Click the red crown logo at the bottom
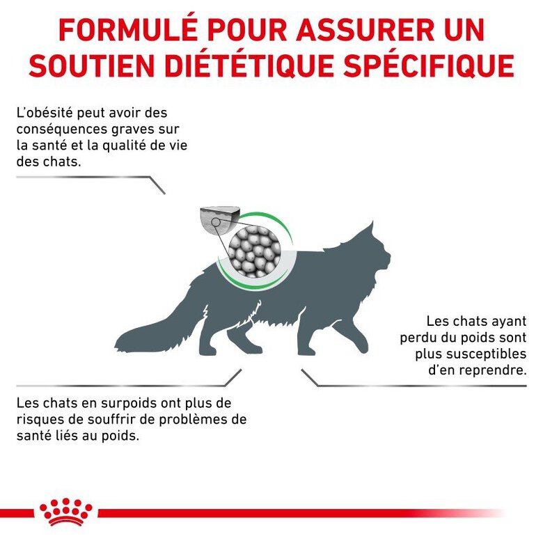(66, 512)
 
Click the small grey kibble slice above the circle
(219, 218)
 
